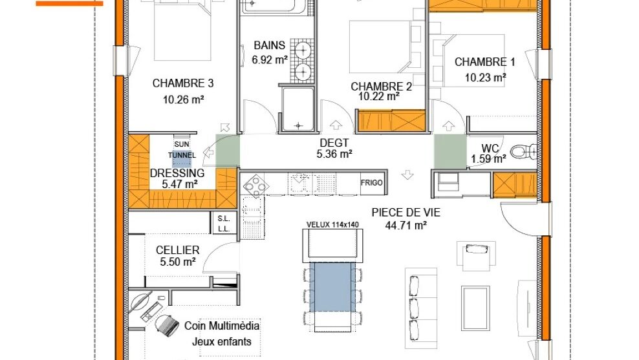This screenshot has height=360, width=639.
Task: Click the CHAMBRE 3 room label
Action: (x=182, y=83)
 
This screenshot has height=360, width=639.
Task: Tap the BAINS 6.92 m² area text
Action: (x=270, y=60)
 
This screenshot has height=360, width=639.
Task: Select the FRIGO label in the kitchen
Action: (x=372, y=183)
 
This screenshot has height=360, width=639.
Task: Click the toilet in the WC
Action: (x=523, y=151)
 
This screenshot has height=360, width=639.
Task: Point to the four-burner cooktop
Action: (x=255, y=185)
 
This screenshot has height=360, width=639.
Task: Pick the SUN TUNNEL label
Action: (x=182, y=149)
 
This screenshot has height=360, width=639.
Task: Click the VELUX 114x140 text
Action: (x=332, y=224)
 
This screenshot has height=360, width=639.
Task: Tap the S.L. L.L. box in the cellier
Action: (x=224, y=223)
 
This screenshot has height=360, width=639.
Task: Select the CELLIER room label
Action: (x=178, y=249)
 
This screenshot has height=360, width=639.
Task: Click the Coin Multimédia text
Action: (x=222, y=325)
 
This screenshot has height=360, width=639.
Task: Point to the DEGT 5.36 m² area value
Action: (x=334, y=154)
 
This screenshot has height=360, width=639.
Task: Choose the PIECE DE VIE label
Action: (x=406, y=212)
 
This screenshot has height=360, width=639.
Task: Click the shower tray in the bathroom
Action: (x=298, y=109)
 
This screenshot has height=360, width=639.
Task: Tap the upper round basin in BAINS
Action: (x=303, y=50)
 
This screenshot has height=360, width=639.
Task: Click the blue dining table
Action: (x=330, y=287)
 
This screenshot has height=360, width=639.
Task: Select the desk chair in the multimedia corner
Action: (x=167, y=326)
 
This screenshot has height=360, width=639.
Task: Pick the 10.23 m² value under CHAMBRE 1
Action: (x=486, y=78)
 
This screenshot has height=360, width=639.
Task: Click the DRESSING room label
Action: (x=177, y=173)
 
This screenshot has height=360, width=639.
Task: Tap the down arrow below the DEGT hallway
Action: (x=407, y=175)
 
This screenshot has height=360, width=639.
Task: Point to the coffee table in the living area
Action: (x=475, y=302)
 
